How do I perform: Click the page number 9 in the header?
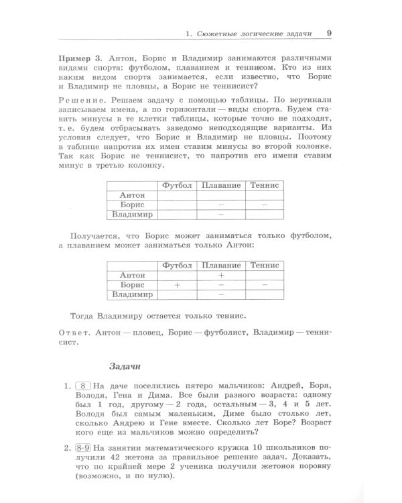[329, 32]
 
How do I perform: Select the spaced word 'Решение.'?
[92, 99]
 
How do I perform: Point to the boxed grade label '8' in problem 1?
[83, 386]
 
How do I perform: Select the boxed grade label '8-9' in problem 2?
[84, 445]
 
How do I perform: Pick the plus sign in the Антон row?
[220, 275]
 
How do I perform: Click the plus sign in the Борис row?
[177, 284]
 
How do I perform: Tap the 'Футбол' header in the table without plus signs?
[177, 185]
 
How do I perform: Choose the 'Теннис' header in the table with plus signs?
[264, 265]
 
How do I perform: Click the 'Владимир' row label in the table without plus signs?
[132, 215]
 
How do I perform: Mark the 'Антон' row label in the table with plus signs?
[132, 275]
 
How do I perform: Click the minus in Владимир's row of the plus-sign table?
[220, 294]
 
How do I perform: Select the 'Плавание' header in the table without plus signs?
[220, 185]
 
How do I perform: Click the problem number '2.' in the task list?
[68, 445]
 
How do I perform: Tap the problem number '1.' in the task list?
[68, 386]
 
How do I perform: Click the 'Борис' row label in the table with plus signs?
[132, 284]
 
